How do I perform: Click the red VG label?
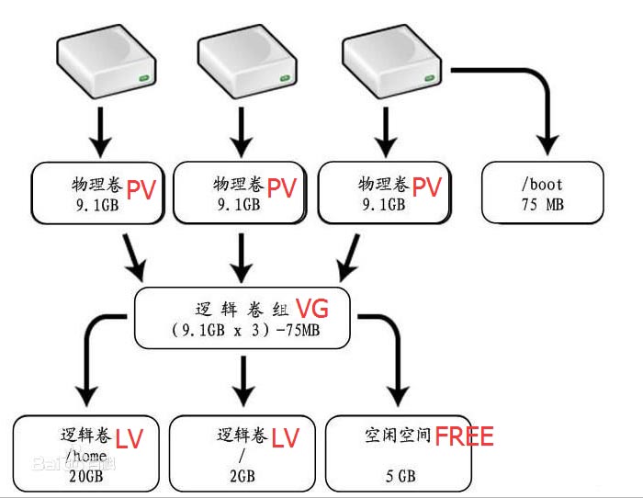point(312,309)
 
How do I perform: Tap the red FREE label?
point(464,436)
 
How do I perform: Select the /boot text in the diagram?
point(542,185)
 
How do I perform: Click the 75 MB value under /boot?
point(543,204)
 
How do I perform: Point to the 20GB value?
point(86,476)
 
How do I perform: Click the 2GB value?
point(243,476)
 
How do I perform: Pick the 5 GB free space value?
point(400,476)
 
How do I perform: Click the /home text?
point(86,456)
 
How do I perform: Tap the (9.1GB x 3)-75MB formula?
point(245,330)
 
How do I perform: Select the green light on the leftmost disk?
point(144,77)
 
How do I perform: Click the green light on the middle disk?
point(285,78)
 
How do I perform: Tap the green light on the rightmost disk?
point(429,78)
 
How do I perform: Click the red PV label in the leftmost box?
point(141,189)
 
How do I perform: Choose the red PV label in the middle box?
point(282,187)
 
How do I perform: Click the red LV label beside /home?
point(129,439)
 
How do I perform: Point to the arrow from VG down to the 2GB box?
point(243,380)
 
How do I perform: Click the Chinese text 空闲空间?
point(398,436)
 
